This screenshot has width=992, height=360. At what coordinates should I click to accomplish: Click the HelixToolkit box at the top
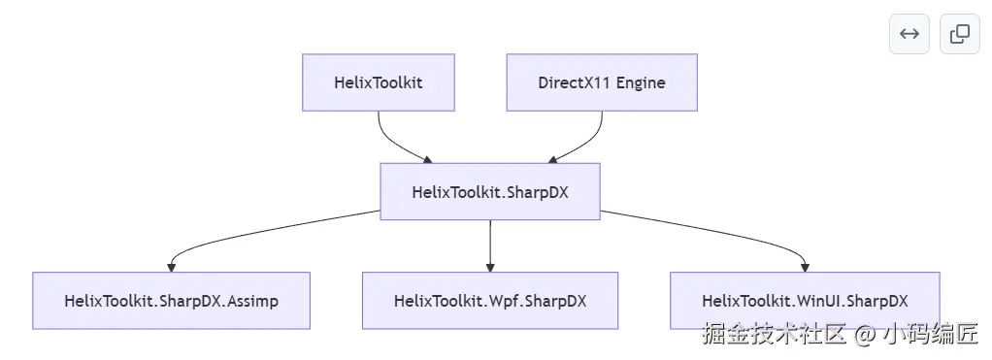[379, 82]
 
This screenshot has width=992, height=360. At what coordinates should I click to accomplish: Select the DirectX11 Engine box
[602, 82]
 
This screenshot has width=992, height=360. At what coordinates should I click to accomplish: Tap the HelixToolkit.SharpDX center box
[490, 192]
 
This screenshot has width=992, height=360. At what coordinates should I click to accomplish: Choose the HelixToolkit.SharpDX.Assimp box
[172, 301]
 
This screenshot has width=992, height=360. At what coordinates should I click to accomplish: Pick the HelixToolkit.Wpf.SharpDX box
[490, 301]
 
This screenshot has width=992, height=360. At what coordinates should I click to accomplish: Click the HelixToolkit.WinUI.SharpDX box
[805, 301]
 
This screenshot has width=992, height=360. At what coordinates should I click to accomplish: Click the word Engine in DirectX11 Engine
[641, 82]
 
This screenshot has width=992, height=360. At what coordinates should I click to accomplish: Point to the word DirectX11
[575, 82]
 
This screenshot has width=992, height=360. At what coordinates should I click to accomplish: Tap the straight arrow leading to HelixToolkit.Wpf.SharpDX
[490, 246]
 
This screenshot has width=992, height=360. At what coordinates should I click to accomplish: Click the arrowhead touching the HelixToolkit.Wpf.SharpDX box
[490, 268]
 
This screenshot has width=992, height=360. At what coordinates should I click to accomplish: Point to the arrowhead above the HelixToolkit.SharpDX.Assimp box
[172, 268]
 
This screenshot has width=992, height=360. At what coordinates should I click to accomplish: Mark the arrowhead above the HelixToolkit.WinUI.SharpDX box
[805, 268]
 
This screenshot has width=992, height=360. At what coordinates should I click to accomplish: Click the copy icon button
[960, 34]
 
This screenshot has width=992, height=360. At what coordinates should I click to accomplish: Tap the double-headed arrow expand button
[909, 34]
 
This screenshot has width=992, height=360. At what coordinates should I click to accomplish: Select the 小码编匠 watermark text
[931, 334]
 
